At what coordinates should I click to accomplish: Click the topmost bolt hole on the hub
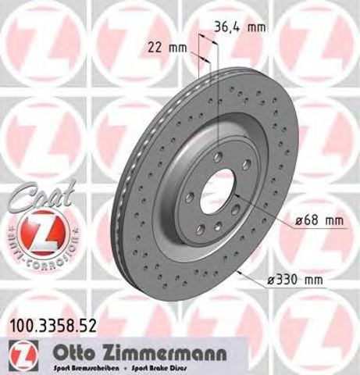click(218, 157)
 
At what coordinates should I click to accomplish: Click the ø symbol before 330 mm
click(272, 280)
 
